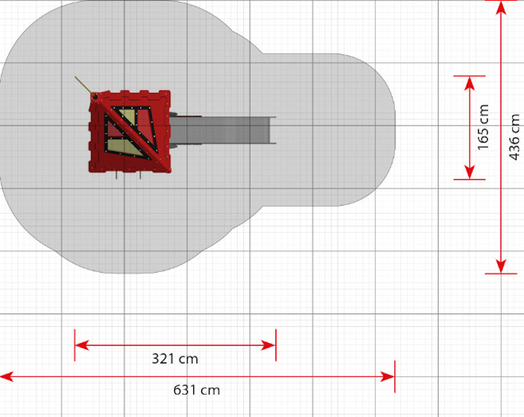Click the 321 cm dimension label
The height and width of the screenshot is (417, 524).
pos(175,359)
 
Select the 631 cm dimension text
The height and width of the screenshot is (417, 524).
pos(196,390)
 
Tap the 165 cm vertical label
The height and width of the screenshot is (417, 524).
pos(483,127)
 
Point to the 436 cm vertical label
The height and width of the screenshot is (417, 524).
pos(514,137)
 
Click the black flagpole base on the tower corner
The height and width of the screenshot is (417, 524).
pos(95,97)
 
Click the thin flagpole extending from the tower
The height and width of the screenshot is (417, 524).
pos(84,86)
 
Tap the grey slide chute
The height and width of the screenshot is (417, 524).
pos(222,130)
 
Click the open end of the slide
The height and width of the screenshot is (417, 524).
pos(272,130)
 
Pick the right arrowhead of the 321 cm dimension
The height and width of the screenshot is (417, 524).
pos(269,345)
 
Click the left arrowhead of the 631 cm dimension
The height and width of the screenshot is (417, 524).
pos(7,376)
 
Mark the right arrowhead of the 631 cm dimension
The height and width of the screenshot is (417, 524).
pos(388,376)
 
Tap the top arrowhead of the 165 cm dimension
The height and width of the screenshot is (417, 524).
pos(470,84)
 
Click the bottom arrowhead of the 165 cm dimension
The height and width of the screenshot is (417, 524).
pos(470,172)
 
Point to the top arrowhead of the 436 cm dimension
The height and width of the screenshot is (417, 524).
pos(500,8)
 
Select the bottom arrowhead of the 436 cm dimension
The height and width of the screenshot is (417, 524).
pos(500,266)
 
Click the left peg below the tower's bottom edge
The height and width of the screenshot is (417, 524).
pos(117,175)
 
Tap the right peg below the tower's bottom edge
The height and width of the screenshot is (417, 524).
pos(140,175)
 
